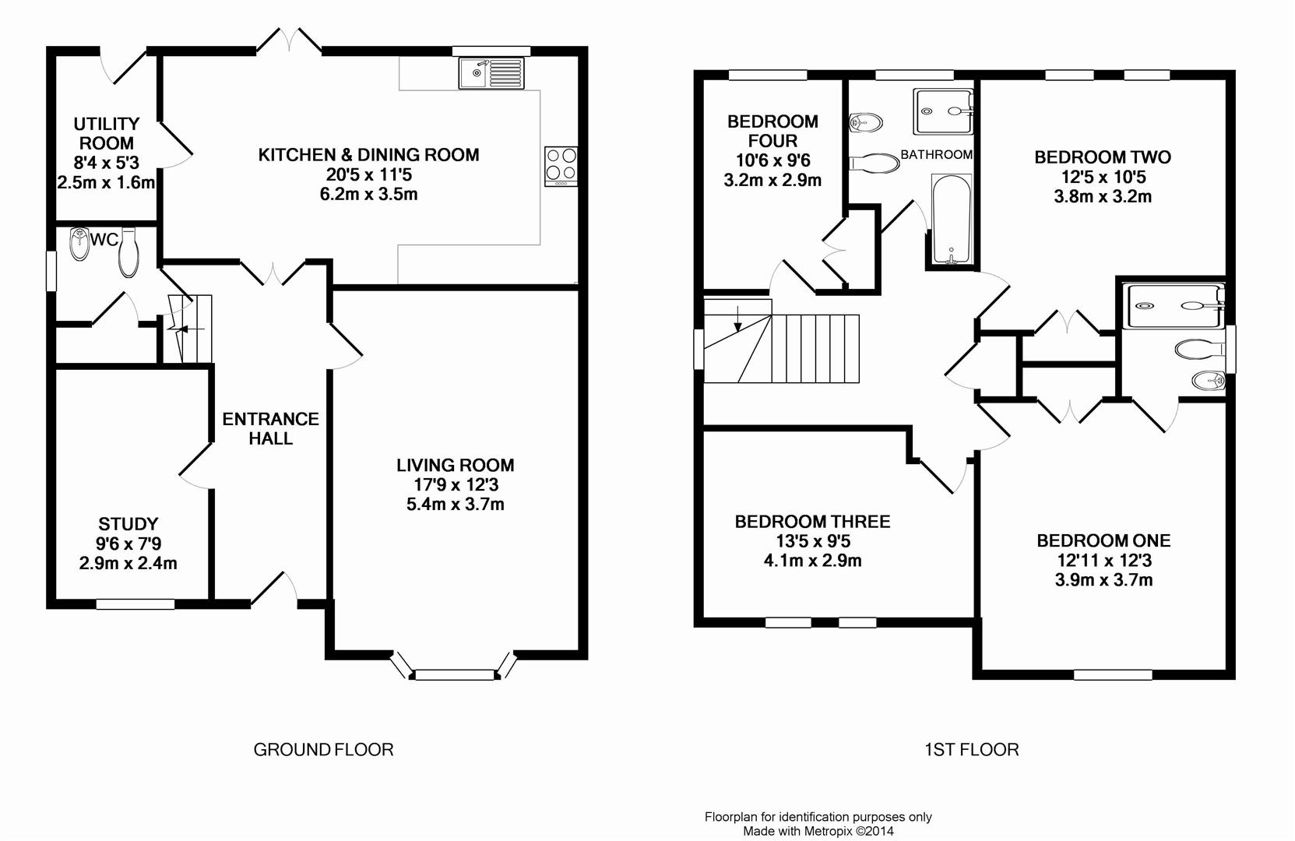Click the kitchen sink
491,73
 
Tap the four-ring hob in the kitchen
561,167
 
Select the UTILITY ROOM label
107,133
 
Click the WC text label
104,239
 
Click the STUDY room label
128,524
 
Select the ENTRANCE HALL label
270,428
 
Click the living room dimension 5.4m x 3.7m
456,504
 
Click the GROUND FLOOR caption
323,750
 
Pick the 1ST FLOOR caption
971,750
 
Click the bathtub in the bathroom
952,219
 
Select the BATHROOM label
937,154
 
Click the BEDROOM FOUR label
772,131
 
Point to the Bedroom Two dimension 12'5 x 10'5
1103,177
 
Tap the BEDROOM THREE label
812,522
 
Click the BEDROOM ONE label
1103,541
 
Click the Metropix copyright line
818,832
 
